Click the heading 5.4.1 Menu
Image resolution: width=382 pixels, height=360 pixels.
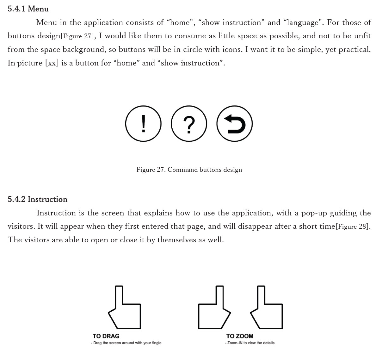(28, 9)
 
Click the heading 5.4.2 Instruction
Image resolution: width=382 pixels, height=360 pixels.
(37, 199)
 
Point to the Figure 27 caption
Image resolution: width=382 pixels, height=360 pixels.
(189, 170)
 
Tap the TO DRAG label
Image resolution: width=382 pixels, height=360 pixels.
(106, 336)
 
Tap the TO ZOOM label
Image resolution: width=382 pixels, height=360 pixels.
(240, 336)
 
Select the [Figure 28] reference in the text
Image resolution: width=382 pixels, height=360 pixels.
(353, 227)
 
